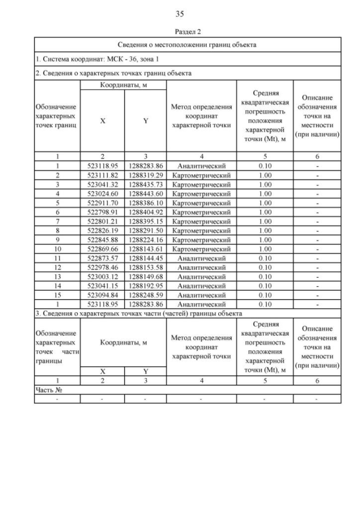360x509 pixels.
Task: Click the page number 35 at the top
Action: coord(180,14)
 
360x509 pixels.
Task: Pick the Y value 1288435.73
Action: coord(145,184)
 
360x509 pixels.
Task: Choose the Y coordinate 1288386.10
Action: coord(145,202)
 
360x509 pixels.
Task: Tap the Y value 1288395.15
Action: coord(145,221)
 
